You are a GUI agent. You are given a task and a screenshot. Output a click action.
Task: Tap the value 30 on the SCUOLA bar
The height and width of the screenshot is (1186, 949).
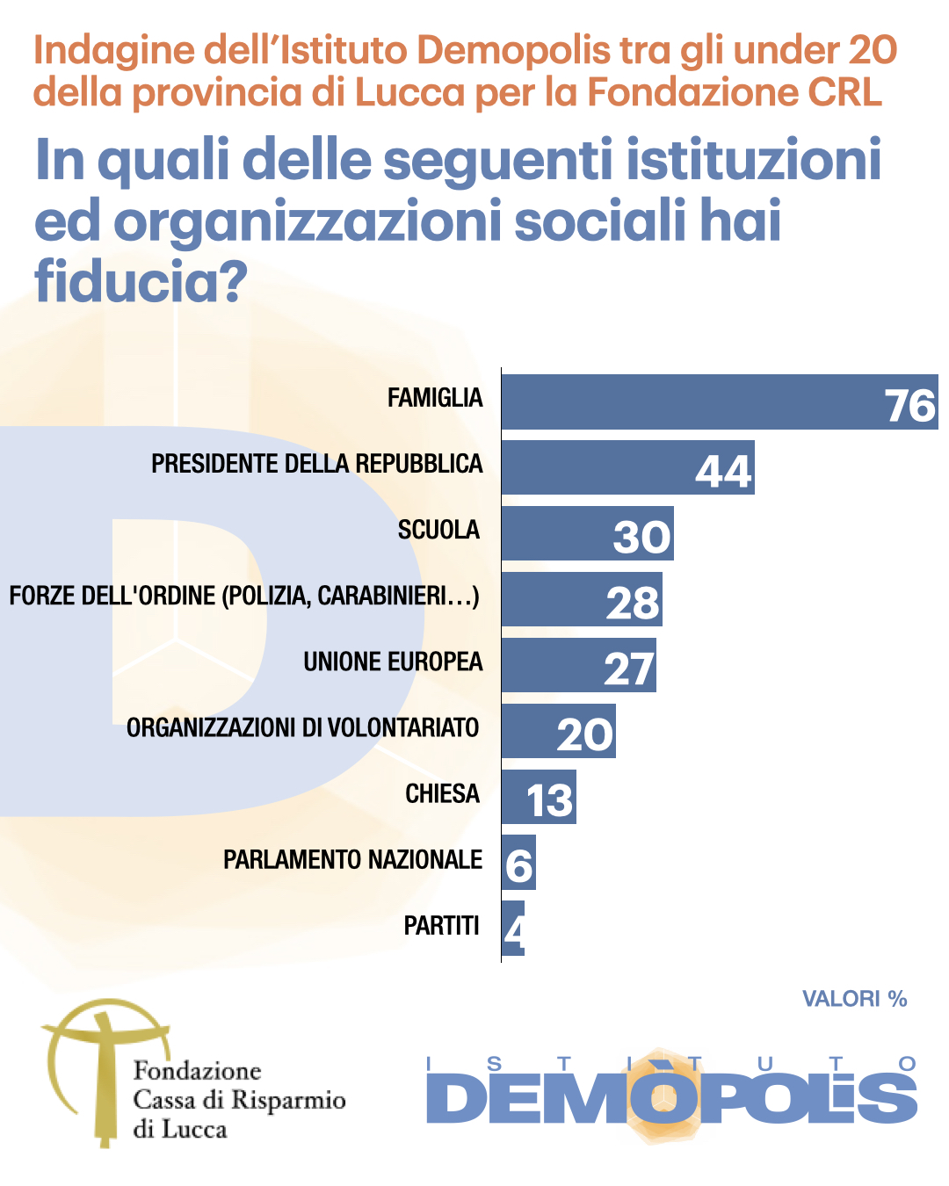[642, 537]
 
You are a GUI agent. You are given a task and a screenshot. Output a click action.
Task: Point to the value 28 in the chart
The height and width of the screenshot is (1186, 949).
[633, 603]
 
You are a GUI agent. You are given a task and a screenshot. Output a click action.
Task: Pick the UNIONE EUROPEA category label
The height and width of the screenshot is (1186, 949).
[393, 662]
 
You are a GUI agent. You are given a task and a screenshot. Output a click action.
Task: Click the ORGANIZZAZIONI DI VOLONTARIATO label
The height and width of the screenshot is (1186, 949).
[303, 727]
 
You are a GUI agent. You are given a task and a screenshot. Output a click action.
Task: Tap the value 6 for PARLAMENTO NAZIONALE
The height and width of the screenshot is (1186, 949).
[518, 866]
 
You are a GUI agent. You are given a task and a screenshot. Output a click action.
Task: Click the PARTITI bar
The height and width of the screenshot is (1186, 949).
[513, 929]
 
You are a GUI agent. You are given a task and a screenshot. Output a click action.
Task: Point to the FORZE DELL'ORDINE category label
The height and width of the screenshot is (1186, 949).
[244, 596]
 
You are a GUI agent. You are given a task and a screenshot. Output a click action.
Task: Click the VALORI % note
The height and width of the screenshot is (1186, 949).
[854, 999]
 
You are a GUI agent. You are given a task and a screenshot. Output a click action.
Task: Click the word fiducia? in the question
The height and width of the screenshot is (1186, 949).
[141, 281]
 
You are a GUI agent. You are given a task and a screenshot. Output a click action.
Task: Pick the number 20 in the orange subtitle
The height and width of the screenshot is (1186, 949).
[873, 51]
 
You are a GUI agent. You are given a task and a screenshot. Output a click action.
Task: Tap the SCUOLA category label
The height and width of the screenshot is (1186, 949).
[438, 530]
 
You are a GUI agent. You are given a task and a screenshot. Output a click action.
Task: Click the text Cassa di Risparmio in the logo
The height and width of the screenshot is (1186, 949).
[239, 1100]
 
